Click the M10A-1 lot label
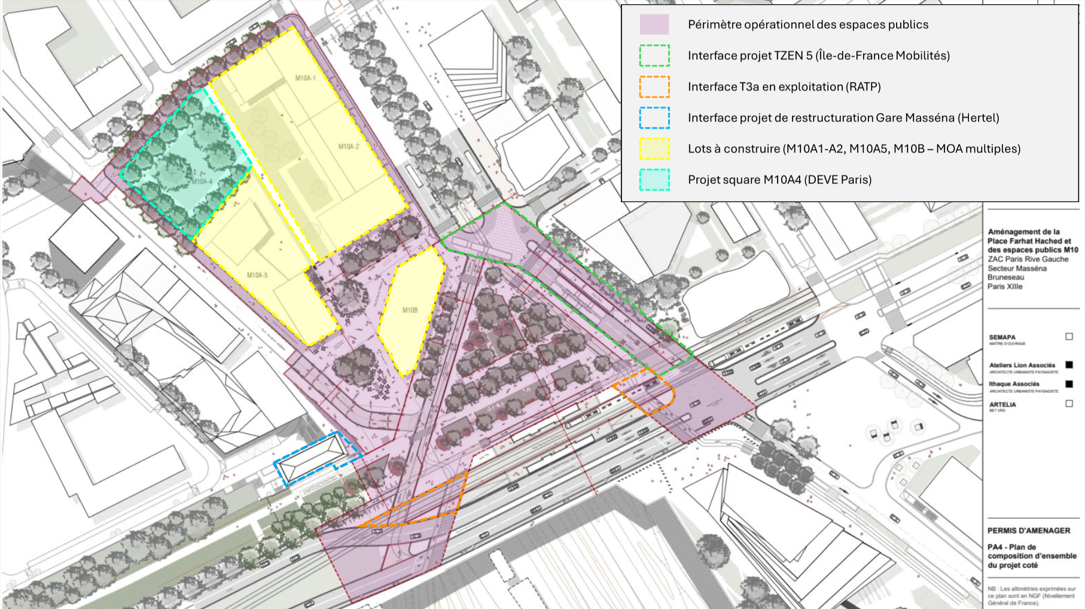click(305, 78)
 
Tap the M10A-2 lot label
click(348, 147)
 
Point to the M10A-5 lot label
click(257, 275)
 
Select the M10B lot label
click(410, 310)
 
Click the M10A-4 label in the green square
click(202, 181)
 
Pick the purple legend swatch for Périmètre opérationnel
click(654, 25)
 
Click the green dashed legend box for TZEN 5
click(654, 56)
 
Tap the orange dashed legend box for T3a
click(654, 87)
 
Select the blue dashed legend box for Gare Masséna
click(654, 118)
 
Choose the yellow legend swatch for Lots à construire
click(654, 149)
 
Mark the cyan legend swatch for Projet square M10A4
click(654, 180)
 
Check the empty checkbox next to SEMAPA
click(1069, 337)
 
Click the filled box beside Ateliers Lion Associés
click(1069, 365)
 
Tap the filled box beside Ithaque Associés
click(1069, 384)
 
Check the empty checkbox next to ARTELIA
click(1069, 404)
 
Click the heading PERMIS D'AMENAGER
click(1028, 531)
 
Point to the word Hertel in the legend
click(978, 118)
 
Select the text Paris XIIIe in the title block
click(1005, 287)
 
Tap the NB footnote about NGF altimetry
click(1031, 595)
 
